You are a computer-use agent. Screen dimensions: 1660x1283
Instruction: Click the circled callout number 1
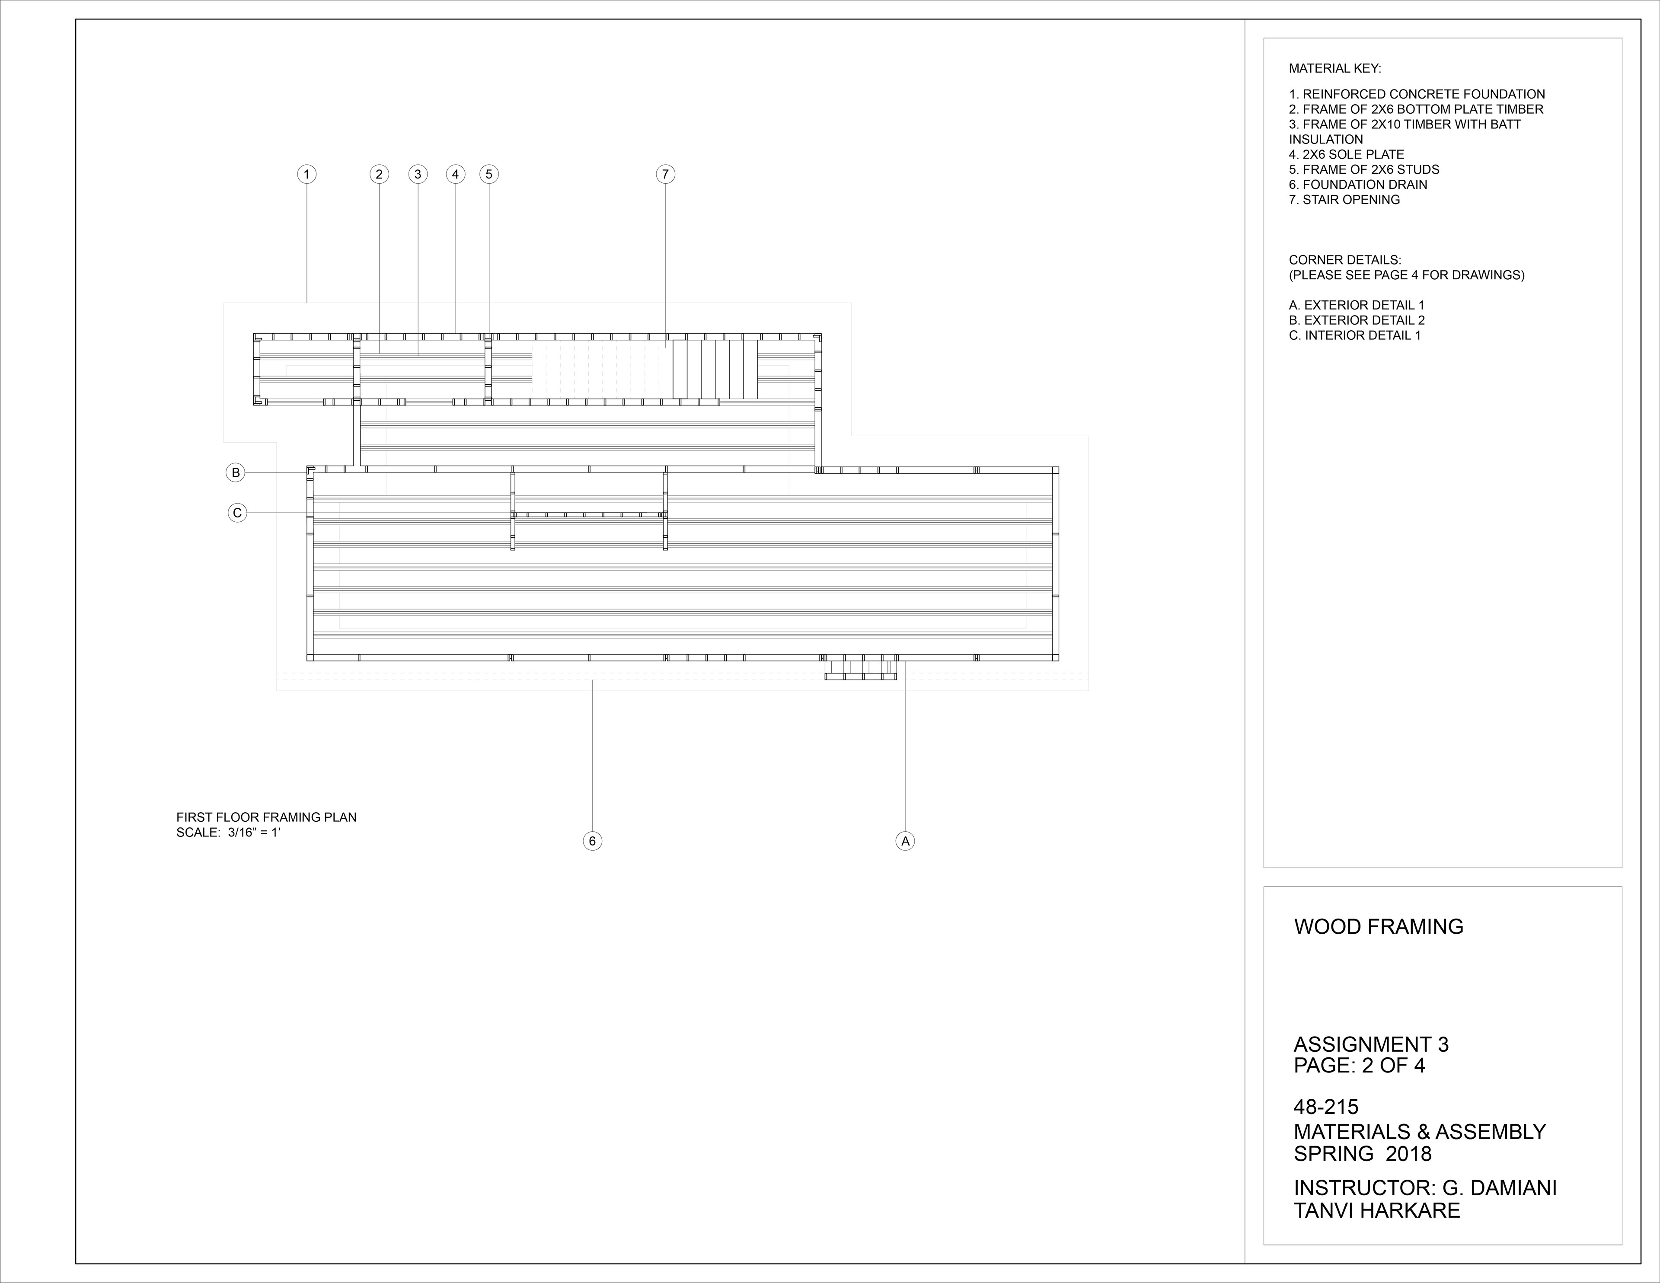(306, 175)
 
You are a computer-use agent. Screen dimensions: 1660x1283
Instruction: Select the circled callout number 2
(379, 175)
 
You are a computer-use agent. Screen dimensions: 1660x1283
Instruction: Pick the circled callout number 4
(455, 175)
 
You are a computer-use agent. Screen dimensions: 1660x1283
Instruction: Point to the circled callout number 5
(489, 175)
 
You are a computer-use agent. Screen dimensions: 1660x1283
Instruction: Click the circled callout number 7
(665, 175)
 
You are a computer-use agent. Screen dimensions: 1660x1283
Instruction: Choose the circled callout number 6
(592, 841)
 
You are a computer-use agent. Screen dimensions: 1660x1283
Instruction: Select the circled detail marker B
(236, 473)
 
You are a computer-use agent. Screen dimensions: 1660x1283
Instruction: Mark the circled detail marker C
(237, 513)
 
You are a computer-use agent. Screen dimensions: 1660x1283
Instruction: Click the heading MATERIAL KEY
(1334, 68)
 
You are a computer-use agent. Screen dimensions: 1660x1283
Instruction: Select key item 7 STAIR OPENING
(1344, 200)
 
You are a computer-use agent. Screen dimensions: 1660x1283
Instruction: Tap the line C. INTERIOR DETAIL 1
(1354, 335)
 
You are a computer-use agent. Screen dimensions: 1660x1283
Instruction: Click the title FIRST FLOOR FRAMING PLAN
(266, 817)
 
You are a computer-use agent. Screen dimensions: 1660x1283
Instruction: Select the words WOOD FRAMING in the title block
(1378, 926)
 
